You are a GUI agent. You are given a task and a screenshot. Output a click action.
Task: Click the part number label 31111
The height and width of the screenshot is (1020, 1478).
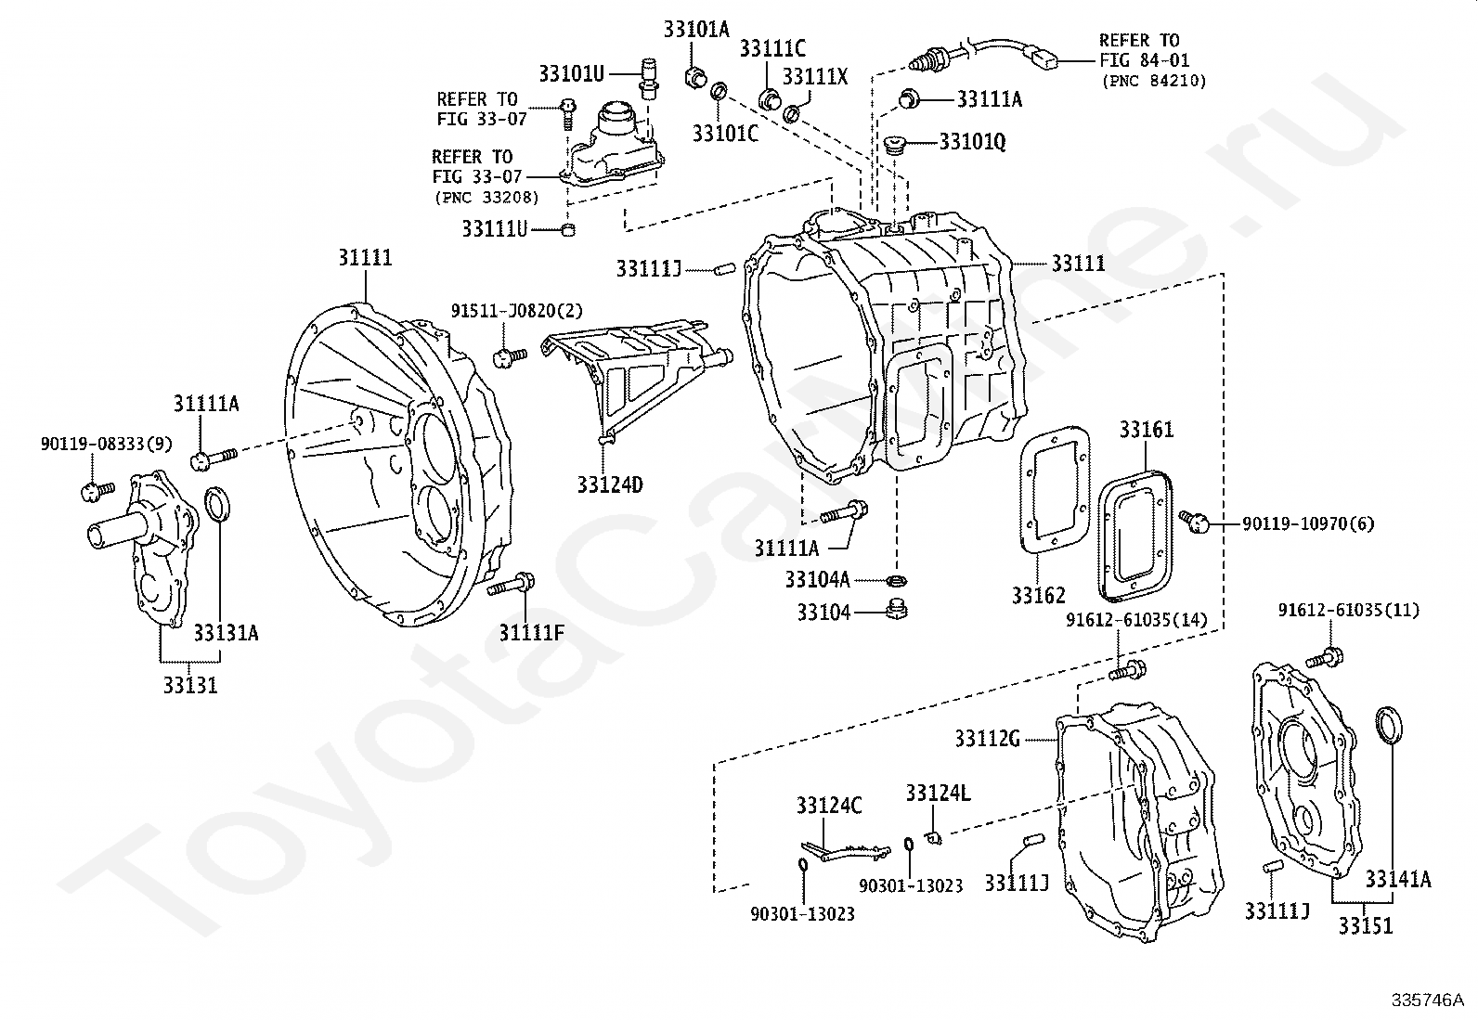click(365, 257)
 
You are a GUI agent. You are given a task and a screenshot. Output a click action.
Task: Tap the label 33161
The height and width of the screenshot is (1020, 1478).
click(1147, 430)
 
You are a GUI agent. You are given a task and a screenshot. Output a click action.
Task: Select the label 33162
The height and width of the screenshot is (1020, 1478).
click(1039, 596)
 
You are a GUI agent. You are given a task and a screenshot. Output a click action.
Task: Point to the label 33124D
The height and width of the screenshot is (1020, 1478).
click(610, 484)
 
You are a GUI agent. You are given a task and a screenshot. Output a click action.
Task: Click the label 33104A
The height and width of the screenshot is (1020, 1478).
click(818, 580)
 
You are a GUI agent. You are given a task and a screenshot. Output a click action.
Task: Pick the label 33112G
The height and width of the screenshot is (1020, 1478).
click(988, 739)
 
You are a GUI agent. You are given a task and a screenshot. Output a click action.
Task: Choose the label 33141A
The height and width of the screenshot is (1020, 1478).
click(1397, 880)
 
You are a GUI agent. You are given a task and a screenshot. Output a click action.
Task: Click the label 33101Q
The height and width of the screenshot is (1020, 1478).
click(972, 142)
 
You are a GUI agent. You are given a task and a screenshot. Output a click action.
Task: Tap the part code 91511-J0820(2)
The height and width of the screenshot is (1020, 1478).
click(516, 310)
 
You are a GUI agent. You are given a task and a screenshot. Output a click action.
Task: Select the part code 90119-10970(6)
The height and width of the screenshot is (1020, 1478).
click(1308, 523)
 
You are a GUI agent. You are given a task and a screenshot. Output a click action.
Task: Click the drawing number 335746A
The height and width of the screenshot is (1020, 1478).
click(1427, 1001)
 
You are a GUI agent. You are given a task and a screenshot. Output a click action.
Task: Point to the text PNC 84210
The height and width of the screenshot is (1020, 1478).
click(1154, 81)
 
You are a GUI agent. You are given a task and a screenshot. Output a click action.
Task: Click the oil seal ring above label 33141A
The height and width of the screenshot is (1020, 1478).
click(1389, 725)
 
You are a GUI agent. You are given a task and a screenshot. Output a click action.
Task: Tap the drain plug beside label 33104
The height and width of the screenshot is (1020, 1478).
click(896, 610)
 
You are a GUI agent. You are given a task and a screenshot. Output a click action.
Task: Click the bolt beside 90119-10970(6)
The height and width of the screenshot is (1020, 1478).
click(1194, 522)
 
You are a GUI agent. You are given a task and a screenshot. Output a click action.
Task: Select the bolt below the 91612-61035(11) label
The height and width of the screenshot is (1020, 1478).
click(1324, 658)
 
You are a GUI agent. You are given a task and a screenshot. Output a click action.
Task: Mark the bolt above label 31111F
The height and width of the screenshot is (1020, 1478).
click(511, 585)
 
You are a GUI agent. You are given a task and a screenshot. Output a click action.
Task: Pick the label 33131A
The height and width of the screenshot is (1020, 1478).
click(226, 633)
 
